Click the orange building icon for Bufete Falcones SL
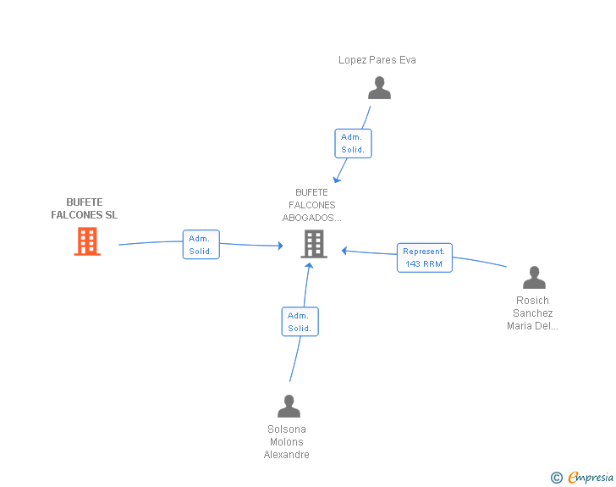pos(87,241)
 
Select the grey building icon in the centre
pos(314,244)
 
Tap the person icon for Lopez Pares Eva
pos(379,88)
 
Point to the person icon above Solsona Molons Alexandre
pos(289,406)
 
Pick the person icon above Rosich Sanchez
pos(534,277)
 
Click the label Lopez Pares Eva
pos(377,60)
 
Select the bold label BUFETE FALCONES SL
pos(85,208)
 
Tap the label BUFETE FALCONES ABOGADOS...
pos(312,205)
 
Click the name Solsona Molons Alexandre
pos(286,442)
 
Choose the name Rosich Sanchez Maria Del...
pos(532,313)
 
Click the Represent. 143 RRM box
pos(424,257)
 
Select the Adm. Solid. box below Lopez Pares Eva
pos(353,144)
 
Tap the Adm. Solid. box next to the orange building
pos(201,244)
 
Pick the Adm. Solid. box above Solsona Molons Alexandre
pos(300,321)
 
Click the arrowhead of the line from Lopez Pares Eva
pos(336,180)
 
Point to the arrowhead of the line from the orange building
pos(281,246)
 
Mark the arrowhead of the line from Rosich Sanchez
pos(344,251)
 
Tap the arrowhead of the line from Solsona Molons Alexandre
pos(309,266)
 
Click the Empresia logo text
pos(591,477)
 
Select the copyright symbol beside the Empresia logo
pos(556,478)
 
